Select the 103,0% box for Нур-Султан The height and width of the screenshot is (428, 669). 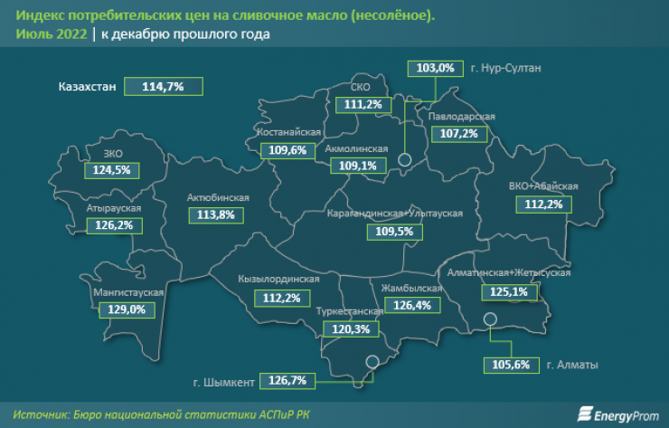pos(435,68)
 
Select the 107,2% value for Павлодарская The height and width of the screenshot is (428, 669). pos(458,133)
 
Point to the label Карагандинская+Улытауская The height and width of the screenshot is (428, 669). pos(395,214)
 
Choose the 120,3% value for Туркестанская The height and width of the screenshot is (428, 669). pos(352,329)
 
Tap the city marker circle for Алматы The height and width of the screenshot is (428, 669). pos(490,319)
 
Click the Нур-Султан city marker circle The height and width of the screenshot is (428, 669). pos(405,160)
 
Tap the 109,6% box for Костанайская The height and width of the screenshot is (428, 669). pos(288,151)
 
